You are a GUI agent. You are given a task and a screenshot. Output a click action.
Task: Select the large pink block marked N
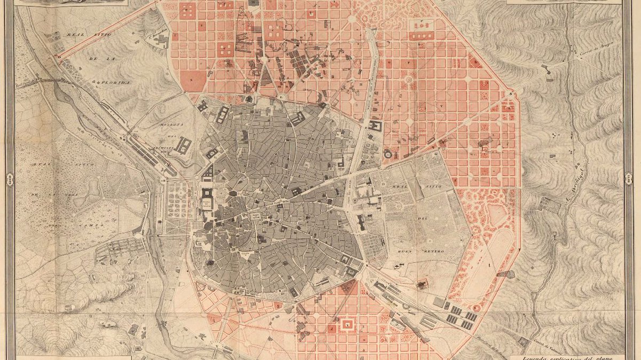pos(193,81)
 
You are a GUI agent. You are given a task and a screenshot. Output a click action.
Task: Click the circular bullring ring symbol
pos(387,154)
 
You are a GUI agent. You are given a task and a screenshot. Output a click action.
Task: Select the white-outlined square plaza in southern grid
pos(348,324)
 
